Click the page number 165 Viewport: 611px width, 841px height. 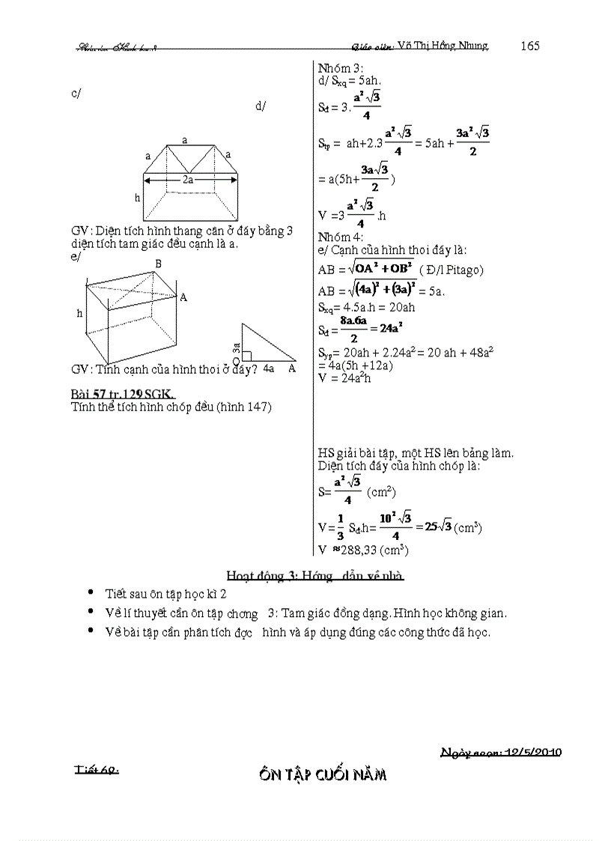530,46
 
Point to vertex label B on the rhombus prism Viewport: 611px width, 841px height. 158,264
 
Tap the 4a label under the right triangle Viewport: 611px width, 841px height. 268,368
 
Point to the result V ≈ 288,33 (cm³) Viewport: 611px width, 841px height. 362,550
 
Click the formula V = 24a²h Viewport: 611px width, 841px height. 344,377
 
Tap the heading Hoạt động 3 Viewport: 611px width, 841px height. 314,575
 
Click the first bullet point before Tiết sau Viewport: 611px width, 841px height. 91,592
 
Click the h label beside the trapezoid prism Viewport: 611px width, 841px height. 138,198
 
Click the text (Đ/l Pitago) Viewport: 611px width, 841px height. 452,270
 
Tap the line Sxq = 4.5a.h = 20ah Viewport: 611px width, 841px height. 367,308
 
